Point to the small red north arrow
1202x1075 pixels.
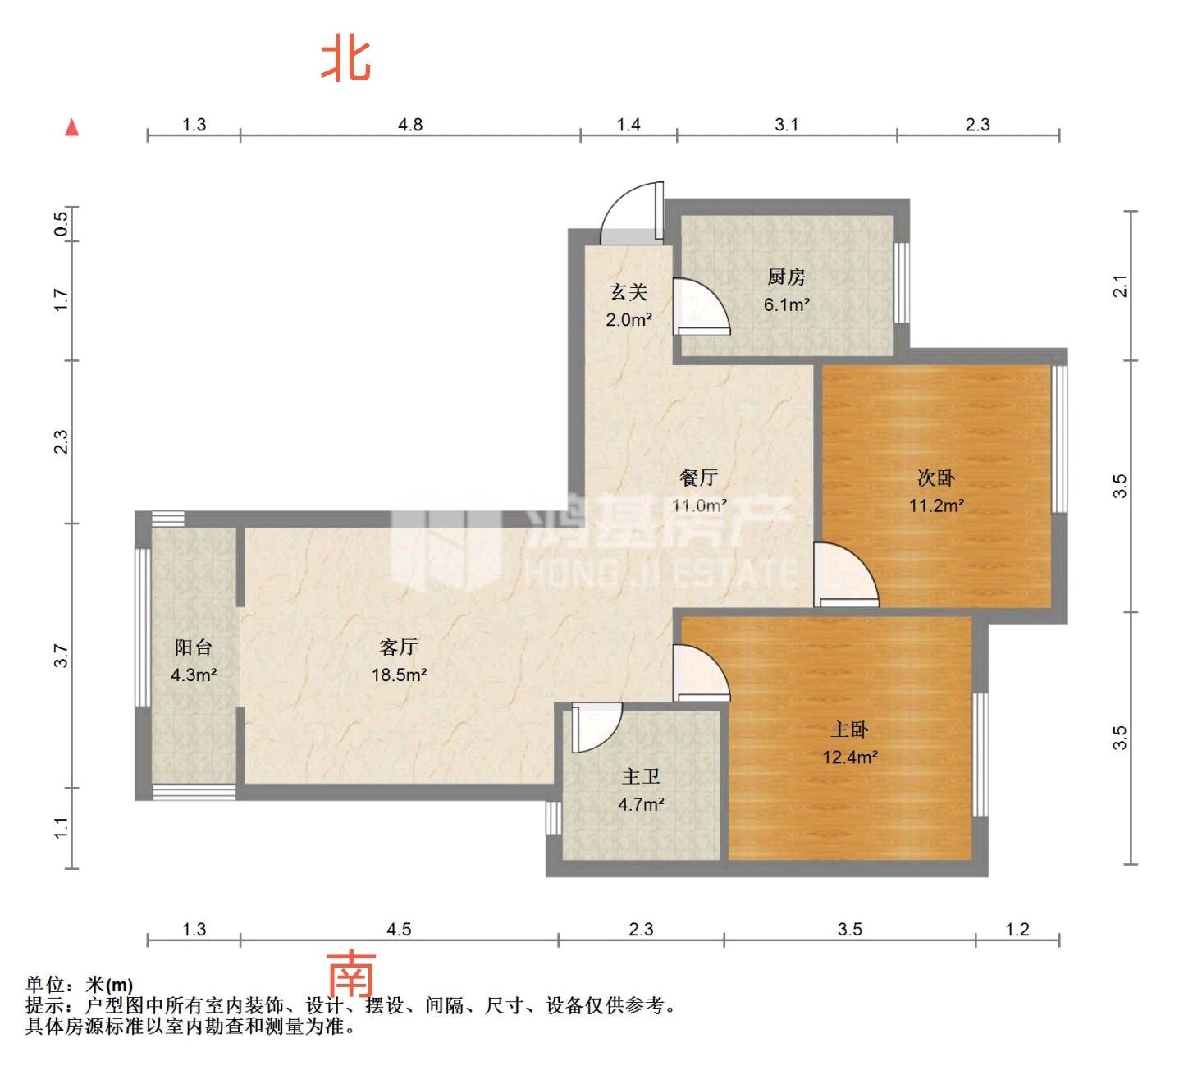point(71,127)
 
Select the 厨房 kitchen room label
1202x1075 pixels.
point(786,277)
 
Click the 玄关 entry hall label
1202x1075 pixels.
point(628,292)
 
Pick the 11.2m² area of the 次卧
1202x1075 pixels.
point(936,505)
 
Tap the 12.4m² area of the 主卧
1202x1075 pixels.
point(849,757)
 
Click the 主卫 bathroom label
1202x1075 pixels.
point(641,776)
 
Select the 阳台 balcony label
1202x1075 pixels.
point(194,647)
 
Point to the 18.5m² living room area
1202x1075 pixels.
point(400,675)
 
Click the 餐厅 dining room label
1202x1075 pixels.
point(699,478)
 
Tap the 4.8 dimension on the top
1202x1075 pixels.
point(410,125)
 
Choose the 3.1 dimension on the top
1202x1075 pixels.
point(786,125)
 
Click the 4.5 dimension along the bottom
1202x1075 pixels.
point(399,930)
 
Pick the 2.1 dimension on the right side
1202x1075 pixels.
point(1119,286)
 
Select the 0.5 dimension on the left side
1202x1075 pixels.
point(61,224)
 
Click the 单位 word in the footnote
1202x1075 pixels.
point(45,985)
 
